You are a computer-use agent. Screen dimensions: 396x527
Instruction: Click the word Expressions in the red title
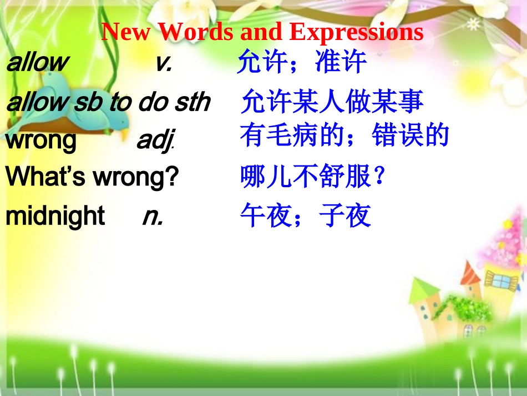pos(356,33)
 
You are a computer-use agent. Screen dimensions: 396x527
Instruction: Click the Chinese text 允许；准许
pos(302,62)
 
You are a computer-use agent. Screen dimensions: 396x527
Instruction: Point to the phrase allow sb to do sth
pos(108,102)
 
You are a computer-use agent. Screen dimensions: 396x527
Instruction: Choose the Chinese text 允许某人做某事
pos(332,102)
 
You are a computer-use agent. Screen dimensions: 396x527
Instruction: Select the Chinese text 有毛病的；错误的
pos(344,136)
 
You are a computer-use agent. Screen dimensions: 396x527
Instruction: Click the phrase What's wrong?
pos(92,178)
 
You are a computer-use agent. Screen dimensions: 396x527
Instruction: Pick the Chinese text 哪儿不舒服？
pos(312,178)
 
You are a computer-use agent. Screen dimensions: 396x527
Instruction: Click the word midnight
pos(55,215)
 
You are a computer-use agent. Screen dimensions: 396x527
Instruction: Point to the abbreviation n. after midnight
pos(153,216)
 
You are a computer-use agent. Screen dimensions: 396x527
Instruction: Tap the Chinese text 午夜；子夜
pos(305,216)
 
